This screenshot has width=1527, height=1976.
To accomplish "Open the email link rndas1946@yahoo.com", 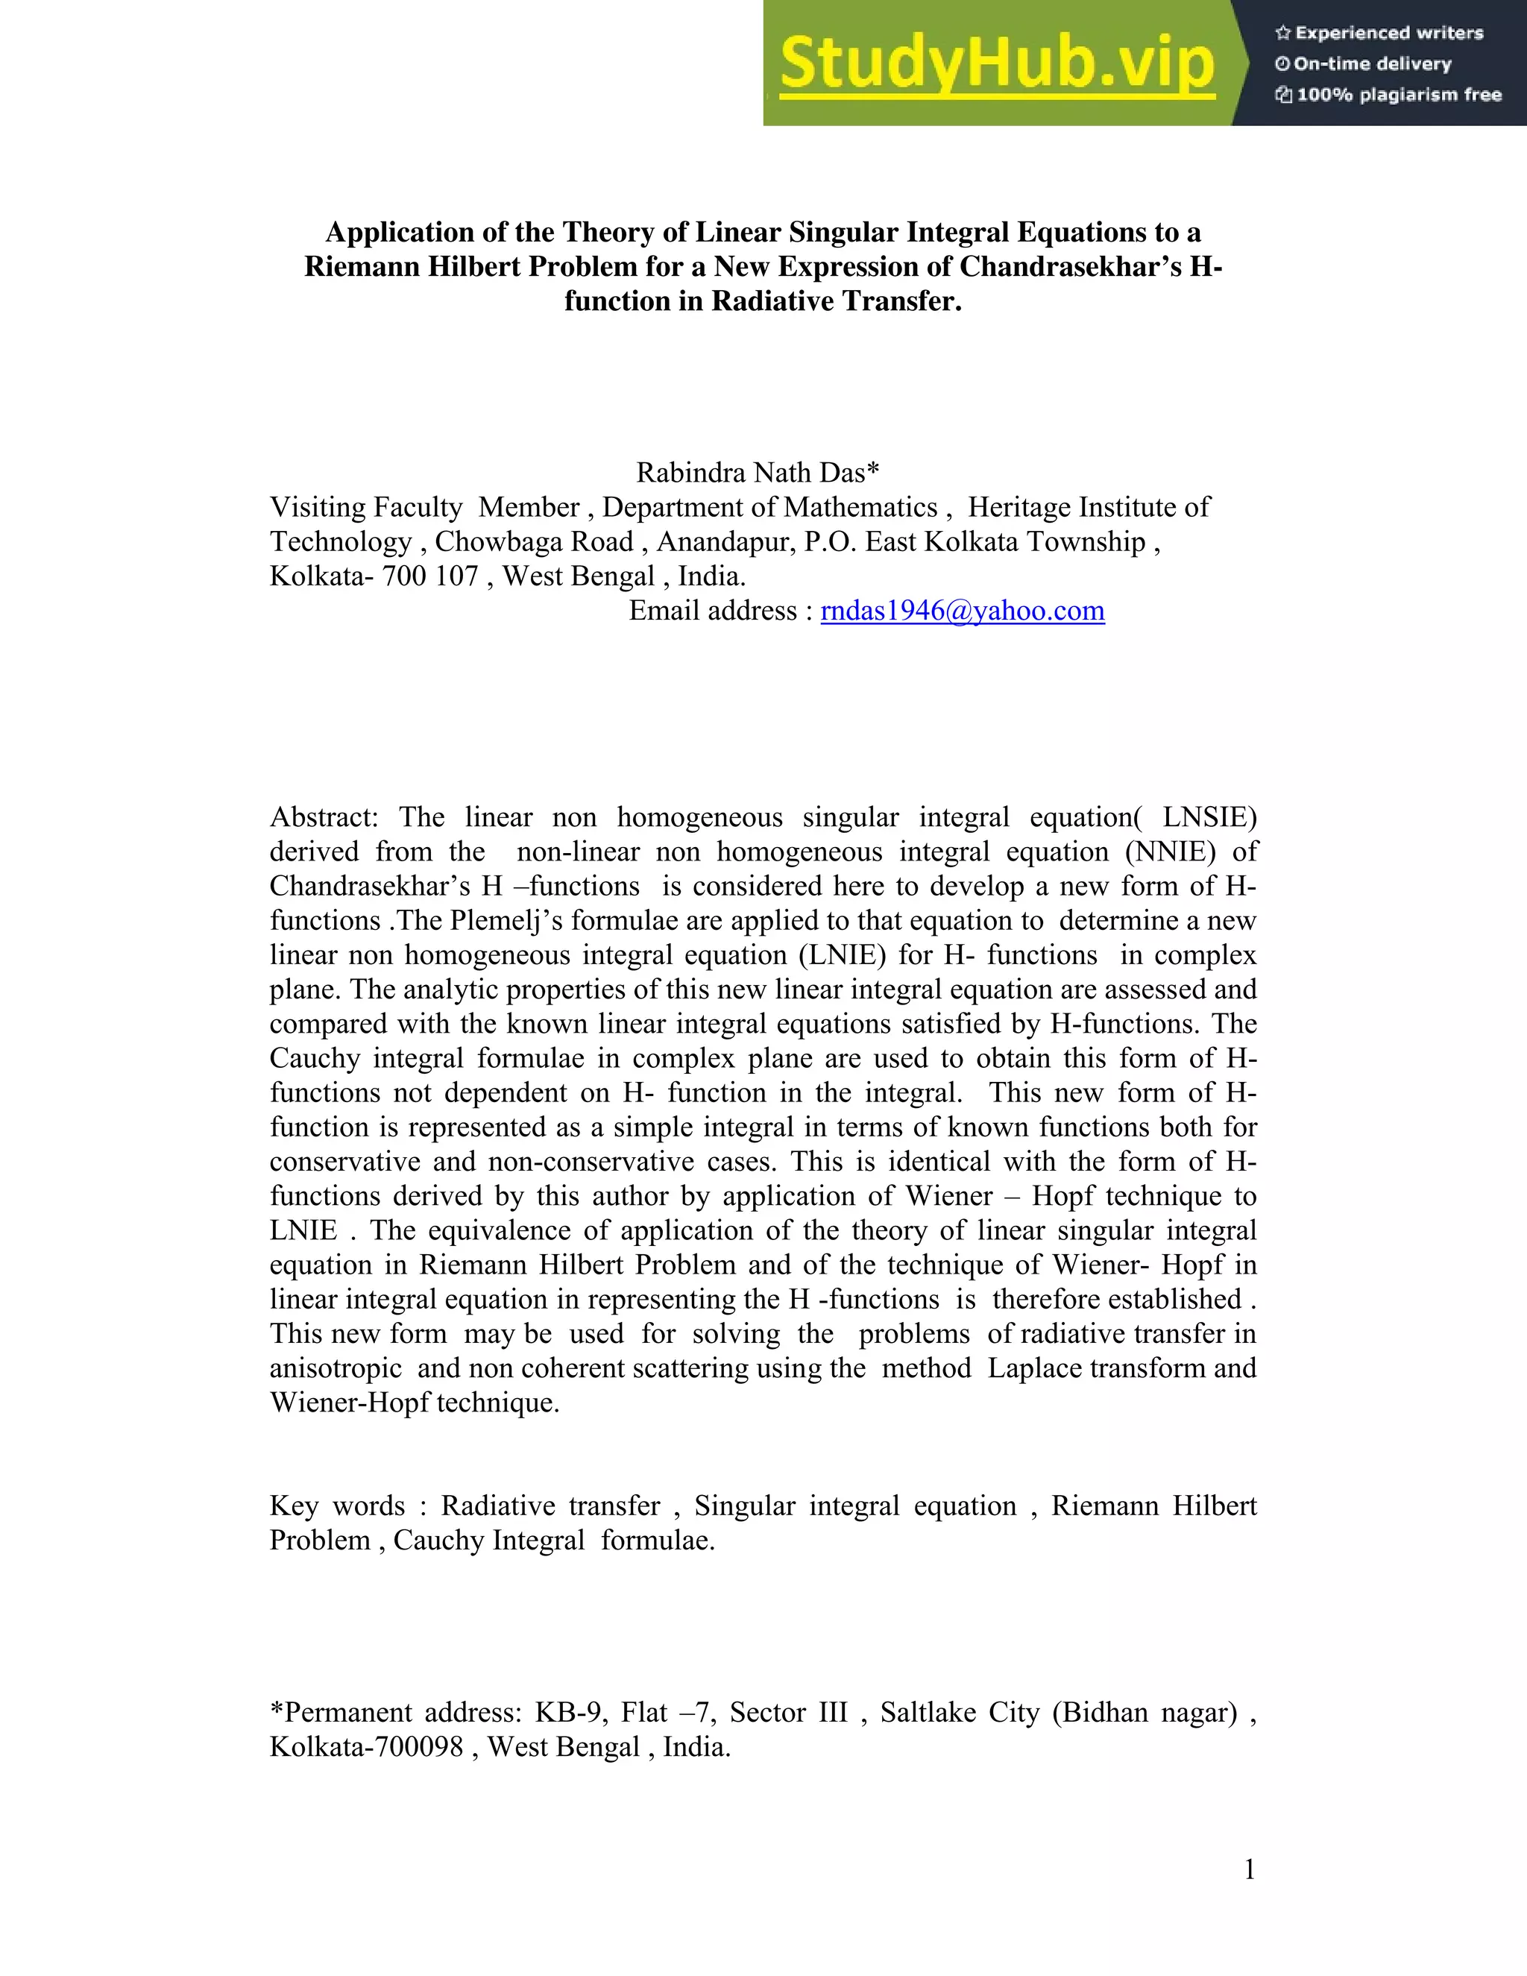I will [x=963, y=611].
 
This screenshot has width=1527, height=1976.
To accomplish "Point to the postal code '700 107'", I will [x=429, y=576].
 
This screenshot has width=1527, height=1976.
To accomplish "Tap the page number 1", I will [x=1250, y=1869].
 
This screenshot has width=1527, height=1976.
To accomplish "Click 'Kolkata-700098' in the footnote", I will [x=365, y=1747].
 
